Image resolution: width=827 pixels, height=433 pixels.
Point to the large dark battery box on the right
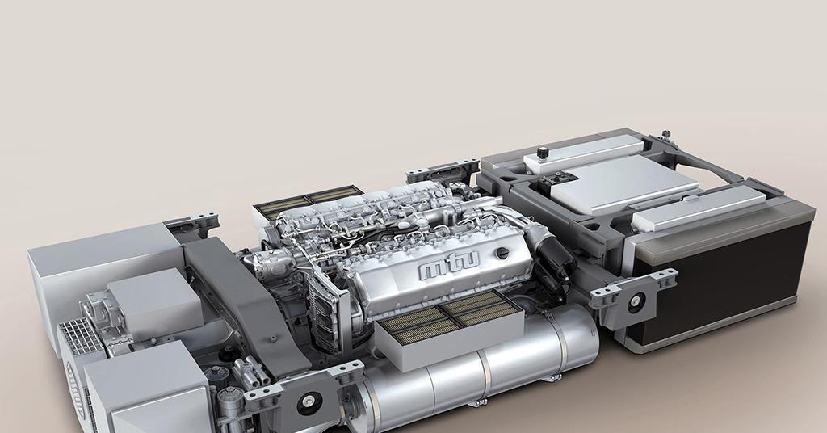(x=727, y=279)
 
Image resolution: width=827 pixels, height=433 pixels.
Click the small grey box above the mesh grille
(x=153, y=299)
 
